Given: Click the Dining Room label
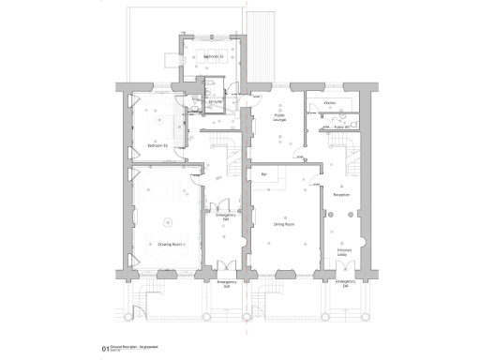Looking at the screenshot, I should pyautogui.click(x=284, y=225).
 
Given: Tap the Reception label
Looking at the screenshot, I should pyautogui.click(x=342, y=194).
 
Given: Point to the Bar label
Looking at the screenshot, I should pyautogui.click(x=264, y=174).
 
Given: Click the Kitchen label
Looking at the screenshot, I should pyautogui.click(x=329, y=102).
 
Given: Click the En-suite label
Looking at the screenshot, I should pyautogui.click(x=214, y=102).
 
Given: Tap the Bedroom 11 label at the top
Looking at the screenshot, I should pyautogui.click(x=214, y=56).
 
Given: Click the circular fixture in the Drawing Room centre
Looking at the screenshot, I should pyautogui.click(x=169, y=222).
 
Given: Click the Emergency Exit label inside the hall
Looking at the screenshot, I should pyautogui.click(x=225, y=217).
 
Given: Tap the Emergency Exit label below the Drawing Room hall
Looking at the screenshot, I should pyautogui.click(x=225, y=284).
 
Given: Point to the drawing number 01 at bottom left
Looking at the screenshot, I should pyautogui.click(x=106, y=350).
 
